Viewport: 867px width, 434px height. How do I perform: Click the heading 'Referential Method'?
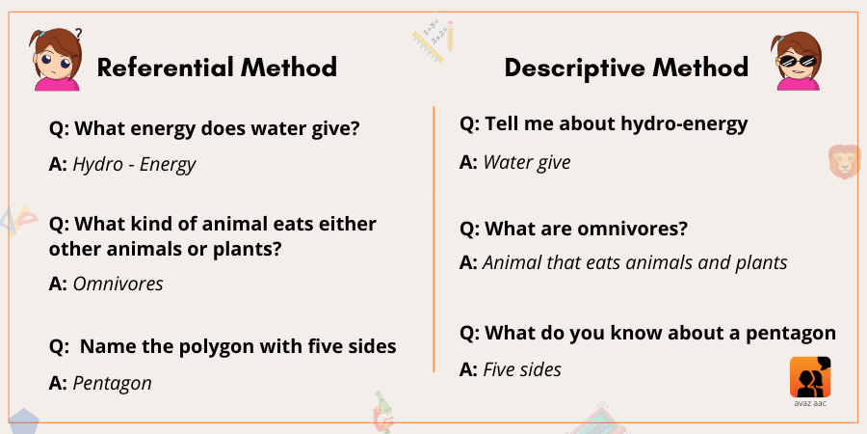point(217,68)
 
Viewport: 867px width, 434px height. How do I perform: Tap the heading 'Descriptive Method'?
point(626,68)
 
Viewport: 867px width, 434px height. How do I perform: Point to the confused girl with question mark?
point(57,60)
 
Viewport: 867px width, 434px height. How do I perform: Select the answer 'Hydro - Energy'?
point(134,164)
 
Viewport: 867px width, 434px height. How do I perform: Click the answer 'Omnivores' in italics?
point(118,284)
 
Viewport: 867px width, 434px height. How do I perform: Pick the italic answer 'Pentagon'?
point(113,383)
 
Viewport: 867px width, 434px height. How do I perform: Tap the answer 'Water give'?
point(527,163)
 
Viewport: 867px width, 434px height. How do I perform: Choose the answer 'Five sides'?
point(522,369)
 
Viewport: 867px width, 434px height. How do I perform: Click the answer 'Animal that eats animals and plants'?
point(636,263)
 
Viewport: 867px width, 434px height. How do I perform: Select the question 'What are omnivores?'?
point(586,229)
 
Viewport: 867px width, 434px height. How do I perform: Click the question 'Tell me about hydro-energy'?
point(616,124)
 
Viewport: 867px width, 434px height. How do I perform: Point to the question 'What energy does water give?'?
point(217,129)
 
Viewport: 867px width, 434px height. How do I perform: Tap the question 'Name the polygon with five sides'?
point(238,346)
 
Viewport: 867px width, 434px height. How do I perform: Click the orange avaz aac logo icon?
point(810,377)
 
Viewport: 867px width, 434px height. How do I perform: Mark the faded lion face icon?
point(845,161)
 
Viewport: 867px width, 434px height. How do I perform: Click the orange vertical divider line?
point(433,239)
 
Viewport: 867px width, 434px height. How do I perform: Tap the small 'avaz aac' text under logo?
point(810,403)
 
